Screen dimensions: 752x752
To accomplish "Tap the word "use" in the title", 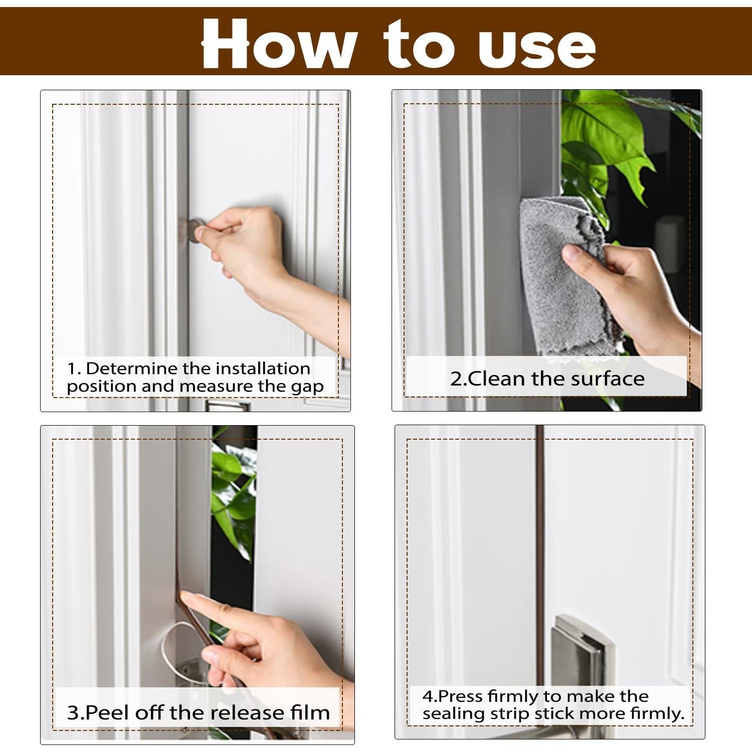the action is point(537,48).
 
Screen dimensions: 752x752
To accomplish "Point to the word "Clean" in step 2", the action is point(497,379).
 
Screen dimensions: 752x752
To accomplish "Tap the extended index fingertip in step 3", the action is point(184,597).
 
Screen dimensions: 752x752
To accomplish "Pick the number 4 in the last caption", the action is point(428,696).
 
